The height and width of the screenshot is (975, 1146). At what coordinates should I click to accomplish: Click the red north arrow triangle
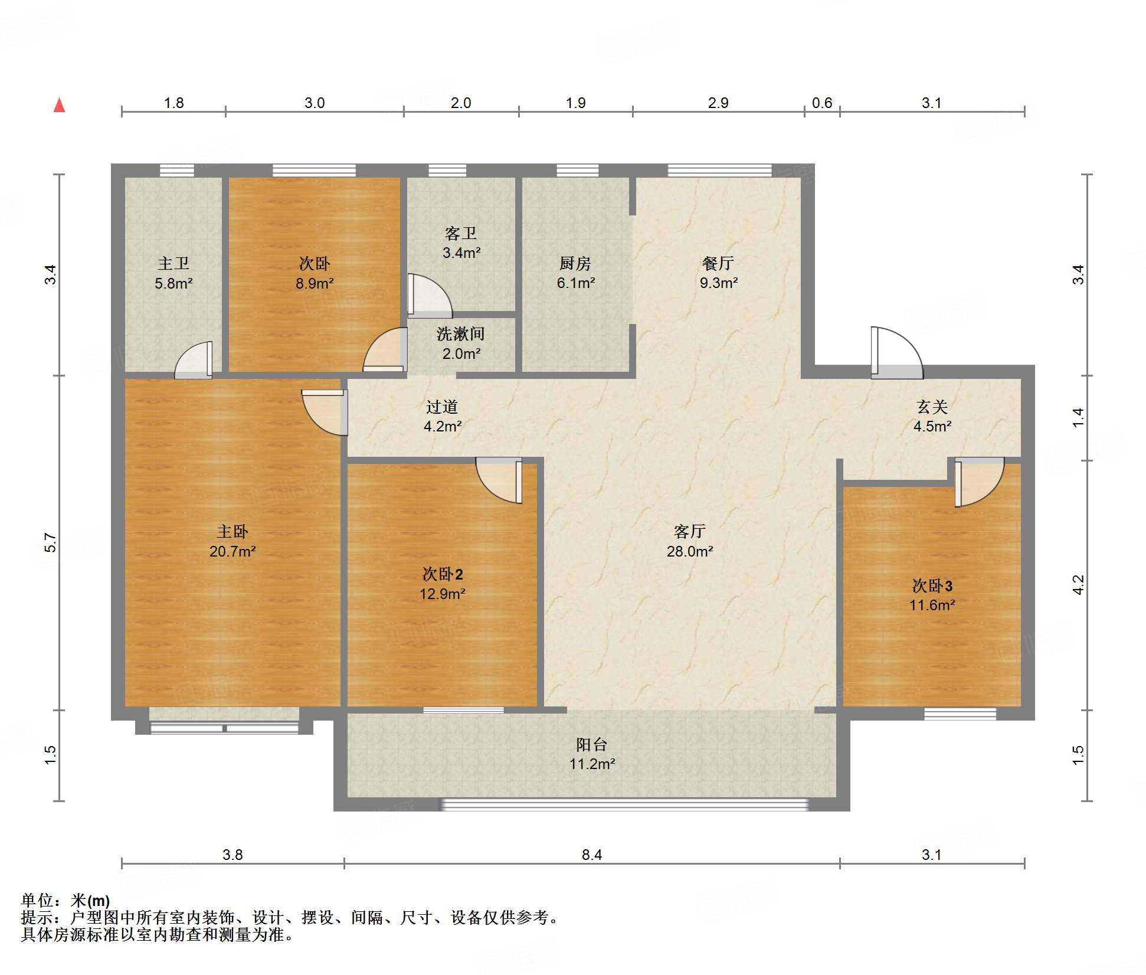click(59, 105)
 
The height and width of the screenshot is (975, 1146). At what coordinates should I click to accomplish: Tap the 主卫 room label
click(173, 263)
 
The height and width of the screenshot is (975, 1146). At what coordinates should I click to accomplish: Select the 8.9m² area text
click(315, 283)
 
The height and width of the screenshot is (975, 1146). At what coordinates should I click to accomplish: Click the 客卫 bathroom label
click(461, 234)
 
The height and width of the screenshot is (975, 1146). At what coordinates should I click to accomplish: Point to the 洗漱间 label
click(461, 334)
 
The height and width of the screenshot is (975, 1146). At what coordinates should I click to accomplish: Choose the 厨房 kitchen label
click(575, 263)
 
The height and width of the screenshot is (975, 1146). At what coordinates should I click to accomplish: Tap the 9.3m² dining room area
click(719, 283)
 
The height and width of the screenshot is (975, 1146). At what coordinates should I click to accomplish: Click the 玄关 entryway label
click(932, 407)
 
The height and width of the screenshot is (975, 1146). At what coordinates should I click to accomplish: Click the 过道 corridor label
click(442, 407)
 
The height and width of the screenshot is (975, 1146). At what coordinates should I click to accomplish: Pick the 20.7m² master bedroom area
click(233, 551)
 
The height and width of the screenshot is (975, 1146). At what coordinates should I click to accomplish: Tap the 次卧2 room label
click(443, 574)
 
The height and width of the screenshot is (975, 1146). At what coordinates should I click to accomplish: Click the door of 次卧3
click(979, 482)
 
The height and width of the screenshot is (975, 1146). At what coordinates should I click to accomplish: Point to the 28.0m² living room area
click(690, 551)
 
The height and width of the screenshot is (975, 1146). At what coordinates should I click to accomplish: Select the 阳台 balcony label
click(592, 744)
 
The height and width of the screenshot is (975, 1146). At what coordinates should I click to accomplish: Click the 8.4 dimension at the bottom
click(592, 855)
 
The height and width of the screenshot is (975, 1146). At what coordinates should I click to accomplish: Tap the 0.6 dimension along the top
click(822, 103)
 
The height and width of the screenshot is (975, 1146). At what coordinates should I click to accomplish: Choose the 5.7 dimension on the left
click(50, 542)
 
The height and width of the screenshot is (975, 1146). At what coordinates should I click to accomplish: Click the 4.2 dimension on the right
click(1078, 585)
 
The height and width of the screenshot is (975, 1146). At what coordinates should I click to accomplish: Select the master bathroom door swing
click(194, 360)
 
